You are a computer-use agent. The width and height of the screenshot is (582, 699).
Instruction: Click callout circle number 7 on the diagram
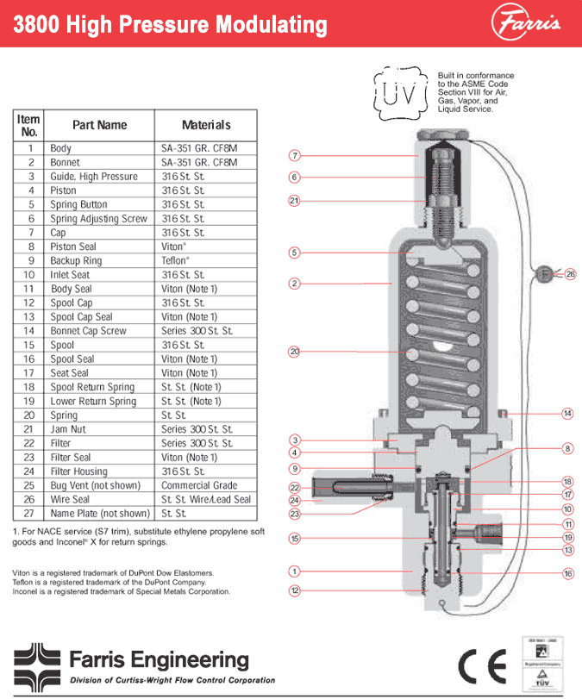[294, 156]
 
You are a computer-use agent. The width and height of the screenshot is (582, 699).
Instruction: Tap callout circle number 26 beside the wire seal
[570, 274]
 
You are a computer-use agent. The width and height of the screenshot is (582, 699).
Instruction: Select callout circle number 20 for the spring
[294, 351]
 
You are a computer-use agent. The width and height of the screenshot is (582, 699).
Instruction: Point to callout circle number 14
[567, 414]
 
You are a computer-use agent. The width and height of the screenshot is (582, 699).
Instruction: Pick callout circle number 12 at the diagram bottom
[294, 590]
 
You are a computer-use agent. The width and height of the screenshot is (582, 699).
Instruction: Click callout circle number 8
[567, 448]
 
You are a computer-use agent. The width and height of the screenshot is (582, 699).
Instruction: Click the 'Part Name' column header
[99, 125]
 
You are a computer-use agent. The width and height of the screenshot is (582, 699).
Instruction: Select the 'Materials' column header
[206, 125]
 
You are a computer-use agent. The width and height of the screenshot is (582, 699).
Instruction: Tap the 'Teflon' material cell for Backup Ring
[176, 260]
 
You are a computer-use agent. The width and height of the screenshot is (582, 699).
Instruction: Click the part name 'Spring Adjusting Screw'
[98, 219]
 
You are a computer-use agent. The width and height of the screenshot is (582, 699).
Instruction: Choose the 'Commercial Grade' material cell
[199, 485]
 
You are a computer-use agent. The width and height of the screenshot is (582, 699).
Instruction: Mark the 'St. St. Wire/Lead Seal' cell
[206, 499]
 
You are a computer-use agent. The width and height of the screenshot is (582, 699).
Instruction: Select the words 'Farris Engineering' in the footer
[159, 661]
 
